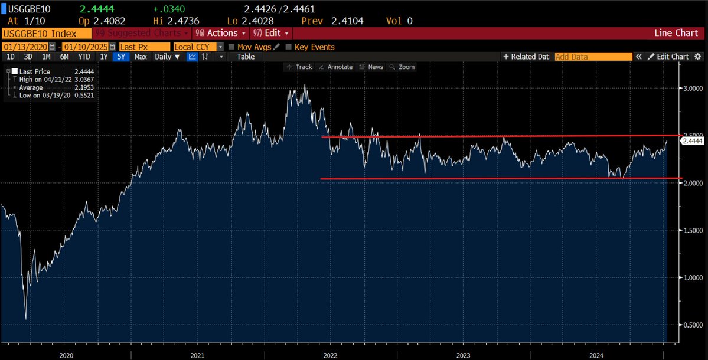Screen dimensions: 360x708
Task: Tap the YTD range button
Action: coord(84,57)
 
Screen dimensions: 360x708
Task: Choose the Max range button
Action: coord(141,57)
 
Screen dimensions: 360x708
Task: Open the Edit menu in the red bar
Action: coord(271,33)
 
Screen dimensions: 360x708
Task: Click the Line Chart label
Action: coord(676,33)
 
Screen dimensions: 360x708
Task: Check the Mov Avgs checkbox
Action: coord(231,47)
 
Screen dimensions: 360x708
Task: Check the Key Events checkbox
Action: coord(289,47)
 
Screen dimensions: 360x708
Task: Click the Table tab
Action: coord(246,57)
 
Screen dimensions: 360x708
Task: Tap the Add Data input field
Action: coord(592,57)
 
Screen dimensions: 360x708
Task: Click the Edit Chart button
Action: coord(668,57)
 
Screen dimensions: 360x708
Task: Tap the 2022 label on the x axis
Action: coord(329,355)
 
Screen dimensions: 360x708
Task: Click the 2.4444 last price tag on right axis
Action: coord(691,141)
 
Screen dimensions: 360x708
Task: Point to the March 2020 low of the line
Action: coord(25,319)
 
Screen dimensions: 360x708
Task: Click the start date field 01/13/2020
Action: coord(25,47)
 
